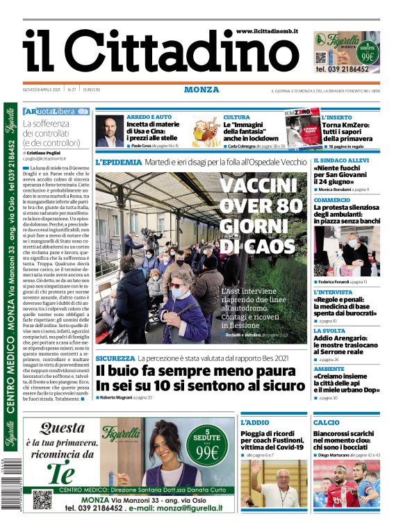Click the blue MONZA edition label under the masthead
(x=201, y=90)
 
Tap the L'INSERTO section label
(x=337, y=117)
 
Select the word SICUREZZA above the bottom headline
(x=115, y=358)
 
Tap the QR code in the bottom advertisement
(x=42, y=499)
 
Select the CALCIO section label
(x=327, y=422)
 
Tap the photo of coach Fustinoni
(x=273, y=483)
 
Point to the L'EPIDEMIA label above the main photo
(x=118, y=162)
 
